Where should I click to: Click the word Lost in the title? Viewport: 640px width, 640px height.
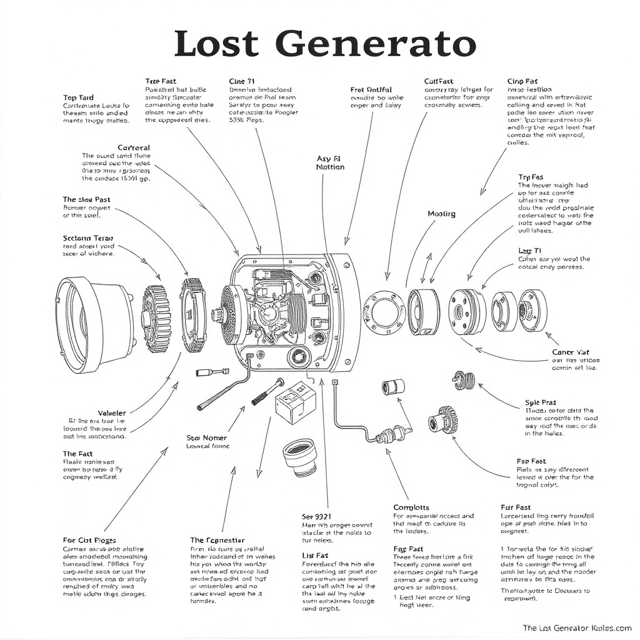tap(216, 44)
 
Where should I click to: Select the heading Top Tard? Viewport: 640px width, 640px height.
tap(79, 98)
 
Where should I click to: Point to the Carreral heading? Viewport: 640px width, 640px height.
tap(134, 148)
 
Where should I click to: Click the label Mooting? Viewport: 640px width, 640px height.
tap(441, 214)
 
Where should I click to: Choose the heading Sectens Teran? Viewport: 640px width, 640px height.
tap(88, 238)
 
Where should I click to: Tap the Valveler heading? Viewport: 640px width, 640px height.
tap(112, 413)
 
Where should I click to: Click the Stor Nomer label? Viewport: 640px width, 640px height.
tap(207, 438)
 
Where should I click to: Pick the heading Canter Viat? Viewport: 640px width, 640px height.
tap(571, 352)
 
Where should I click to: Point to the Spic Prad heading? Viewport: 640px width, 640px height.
tap(541, 403)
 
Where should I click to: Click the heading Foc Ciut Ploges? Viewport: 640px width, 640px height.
tap(89, 540)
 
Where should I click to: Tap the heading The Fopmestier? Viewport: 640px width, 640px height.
tap(217, 540)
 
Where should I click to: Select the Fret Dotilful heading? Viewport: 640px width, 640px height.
tap(371, 90)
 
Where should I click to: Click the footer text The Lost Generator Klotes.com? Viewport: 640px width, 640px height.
tap(577, 627)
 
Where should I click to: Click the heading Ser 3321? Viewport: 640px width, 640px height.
tap(317, 517)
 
